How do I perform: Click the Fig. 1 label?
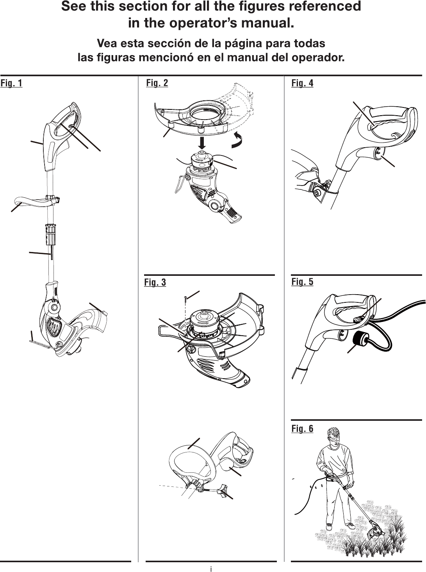pos(11,83)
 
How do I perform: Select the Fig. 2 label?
pos(157,83)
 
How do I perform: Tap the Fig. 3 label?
pos(155,282)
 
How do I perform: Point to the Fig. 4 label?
pos(302,83)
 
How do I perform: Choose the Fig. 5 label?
pos(302,282)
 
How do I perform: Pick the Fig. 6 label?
pos(302,429)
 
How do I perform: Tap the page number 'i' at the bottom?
pos(211,568)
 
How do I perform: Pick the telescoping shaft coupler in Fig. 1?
pos(51,234)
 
